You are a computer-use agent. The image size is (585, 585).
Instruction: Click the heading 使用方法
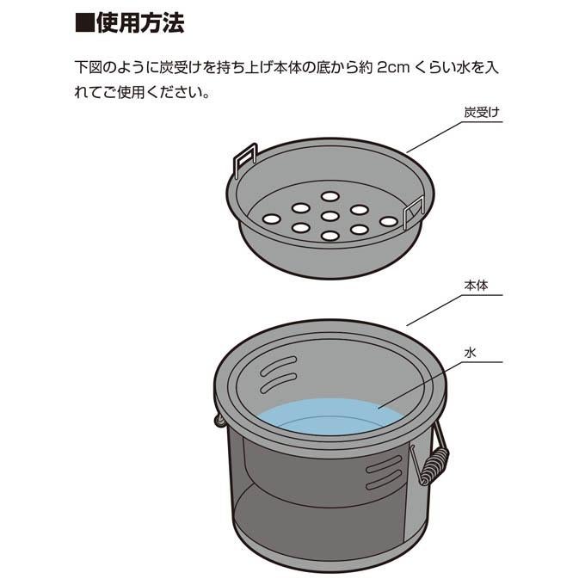point(140,23)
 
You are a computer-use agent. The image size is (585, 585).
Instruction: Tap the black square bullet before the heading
point(84,23)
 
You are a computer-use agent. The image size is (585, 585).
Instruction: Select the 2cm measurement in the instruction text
point(393,68)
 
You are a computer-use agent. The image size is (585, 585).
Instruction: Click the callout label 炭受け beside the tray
point(481,113)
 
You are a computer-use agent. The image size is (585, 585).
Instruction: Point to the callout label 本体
point(476,286)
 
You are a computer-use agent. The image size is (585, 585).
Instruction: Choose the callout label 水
point(470,352)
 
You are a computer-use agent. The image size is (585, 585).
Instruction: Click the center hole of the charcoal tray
point(329,216)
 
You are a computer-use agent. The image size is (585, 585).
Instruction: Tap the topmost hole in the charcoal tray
point(329,196)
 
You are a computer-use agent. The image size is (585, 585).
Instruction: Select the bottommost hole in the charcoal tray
point(329,236)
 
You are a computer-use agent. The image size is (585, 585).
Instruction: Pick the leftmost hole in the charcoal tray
point(272,219)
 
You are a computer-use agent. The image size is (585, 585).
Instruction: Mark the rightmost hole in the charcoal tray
point(388,222)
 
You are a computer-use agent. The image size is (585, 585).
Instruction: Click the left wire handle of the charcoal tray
point(244,158)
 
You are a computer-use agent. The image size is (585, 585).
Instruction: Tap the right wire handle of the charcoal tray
point(414,212)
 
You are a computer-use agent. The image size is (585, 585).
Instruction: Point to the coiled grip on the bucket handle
point(436,465)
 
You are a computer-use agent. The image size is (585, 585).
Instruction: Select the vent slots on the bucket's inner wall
point(279,375)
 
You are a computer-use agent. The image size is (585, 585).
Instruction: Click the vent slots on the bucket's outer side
point(384,473)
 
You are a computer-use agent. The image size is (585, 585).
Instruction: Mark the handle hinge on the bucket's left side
point(220,420)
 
